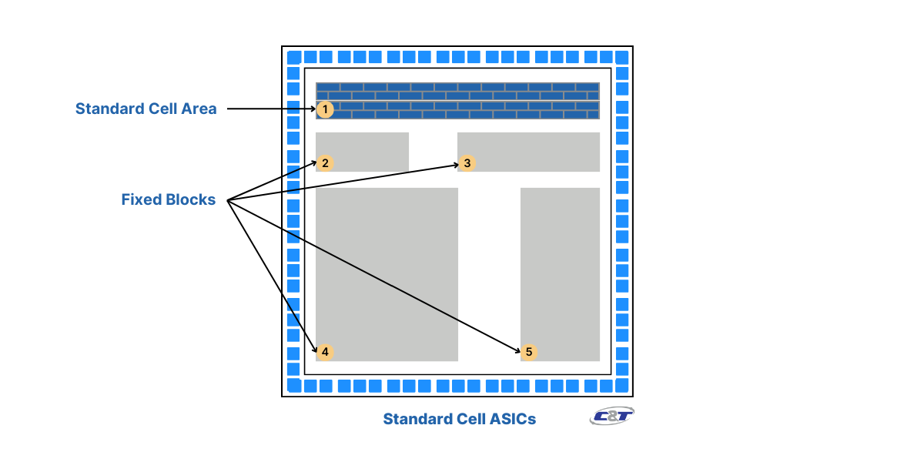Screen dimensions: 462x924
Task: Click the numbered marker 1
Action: point(325,109)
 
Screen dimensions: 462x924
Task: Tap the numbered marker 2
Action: point(325,163)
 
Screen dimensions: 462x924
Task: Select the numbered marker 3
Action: point(467,163)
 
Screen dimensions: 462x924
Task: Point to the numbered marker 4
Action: point(325,352)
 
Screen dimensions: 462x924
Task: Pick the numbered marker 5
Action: point(528,352)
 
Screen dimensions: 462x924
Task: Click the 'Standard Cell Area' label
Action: point(146,109)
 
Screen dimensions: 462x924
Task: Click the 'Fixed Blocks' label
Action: point(168,200)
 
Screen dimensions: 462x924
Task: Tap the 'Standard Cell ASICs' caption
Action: point(459,419)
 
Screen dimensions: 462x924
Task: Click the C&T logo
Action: point(612,417)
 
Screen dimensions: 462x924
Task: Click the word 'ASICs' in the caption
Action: point(511,419)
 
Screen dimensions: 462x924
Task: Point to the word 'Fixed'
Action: point(141,200)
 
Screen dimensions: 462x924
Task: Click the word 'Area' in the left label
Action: point(199,109)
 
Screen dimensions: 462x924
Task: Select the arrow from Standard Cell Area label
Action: point(269,109)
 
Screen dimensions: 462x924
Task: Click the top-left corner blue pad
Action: point(293,58)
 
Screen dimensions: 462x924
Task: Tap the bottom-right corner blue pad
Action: point(621,385)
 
